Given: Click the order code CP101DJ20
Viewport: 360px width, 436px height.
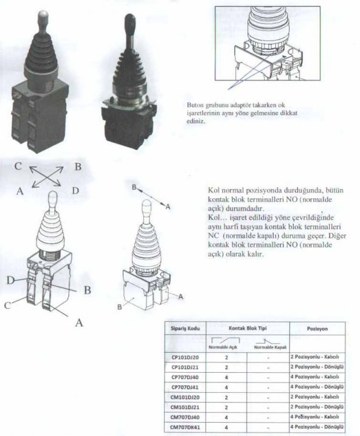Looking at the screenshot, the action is (x=185, y=358).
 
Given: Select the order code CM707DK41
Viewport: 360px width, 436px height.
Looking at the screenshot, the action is (x=185, y=427).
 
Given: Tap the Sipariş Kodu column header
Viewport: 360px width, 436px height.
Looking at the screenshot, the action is (x=185, y=328).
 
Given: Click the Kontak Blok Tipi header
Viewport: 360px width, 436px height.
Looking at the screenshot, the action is (x=247, y=328).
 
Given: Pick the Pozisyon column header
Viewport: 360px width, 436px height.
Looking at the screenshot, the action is (x=317, y=328).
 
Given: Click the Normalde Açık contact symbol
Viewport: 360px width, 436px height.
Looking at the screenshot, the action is (x=226, y=341).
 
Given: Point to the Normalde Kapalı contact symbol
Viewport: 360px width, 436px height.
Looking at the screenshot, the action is (x=268, y=342).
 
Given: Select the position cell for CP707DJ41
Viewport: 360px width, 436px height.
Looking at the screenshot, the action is (x=317, y=387).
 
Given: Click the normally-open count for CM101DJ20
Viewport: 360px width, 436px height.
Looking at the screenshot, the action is (x=226, y=397).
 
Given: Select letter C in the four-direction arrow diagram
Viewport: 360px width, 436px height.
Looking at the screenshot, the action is (x=18, y=166).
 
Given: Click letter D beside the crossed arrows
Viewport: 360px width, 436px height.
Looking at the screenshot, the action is (x=75, y=191).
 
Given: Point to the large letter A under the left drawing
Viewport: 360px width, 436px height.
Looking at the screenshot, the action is (x=79, y=322).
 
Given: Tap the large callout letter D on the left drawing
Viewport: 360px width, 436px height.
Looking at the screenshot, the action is (x=10, y=280).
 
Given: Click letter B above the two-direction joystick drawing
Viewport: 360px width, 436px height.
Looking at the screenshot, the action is (x=134, y=187).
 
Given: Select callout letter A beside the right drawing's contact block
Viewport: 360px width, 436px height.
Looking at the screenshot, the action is (x=181, y=297).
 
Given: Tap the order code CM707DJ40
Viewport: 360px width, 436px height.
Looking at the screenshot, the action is (x=185, y=417).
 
